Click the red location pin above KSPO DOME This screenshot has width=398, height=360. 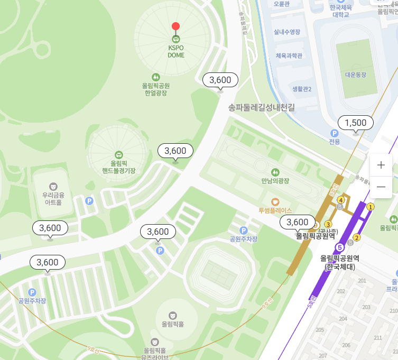(x=176, y=27)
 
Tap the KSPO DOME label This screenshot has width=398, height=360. (x=176, y=51)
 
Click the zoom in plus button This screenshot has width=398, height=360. (x=381, y=165)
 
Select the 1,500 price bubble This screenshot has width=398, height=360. (x=355, y=123)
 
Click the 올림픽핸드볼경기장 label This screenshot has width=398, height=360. (x=119, y=167)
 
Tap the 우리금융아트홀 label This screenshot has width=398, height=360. (x=53, y=198)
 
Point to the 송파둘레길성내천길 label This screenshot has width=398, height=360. (x=261, y=107)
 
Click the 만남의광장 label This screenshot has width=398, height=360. (x=275, y=181)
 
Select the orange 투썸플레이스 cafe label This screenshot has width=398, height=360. (x=275, y=210)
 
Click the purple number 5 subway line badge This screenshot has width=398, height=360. (x=340, y=247)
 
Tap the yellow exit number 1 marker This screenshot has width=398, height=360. (x=371, y=207)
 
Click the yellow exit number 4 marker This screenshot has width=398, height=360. (x=341, y=200)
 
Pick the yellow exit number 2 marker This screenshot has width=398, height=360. (x=357, y=237)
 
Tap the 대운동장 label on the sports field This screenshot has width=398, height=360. (x=355, y=75)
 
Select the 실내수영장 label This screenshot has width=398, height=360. (x=287, y=32)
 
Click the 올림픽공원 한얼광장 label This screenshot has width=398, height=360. (x=155, y=89)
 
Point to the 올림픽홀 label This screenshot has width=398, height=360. (x=173, y=324)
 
